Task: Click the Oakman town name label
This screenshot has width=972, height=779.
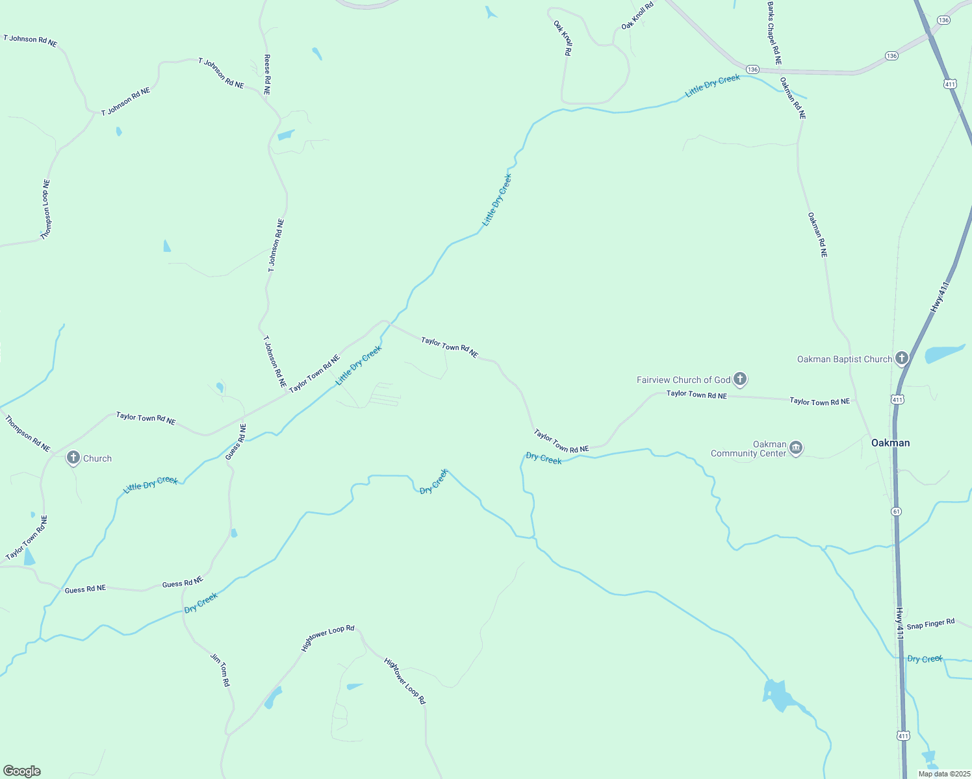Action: pos(890,443)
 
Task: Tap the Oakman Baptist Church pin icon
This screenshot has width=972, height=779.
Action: pos(901,358)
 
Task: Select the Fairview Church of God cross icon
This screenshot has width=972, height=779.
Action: pos(739,379)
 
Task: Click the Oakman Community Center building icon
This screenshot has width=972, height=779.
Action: pos(796,448)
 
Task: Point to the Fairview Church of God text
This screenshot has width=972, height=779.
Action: pos(684,380)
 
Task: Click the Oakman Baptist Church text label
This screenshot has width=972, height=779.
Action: pos(844,359)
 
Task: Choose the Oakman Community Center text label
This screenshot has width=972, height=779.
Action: pos(748,449)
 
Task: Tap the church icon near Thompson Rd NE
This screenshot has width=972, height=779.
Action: pos(73,458)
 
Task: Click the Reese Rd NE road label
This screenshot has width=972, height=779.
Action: pos(267,75)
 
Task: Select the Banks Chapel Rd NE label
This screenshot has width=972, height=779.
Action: pos(773,33)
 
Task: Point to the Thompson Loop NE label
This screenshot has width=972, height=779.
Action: pos(45,210)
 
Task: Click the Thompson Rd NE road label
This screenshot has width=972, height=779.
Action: pos(28,434)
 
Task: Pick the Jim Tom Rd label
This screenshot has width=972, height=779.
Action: pos(220,670)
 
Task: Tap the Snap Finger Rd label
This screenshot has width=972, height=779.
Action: pos(930,624)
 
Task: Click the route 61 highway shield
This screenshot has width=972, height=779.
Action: pos(897,512)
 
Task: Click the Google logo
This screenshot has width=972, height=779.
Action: pos(22,771)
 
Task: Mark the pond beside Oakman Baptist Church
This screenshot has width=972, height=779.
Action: pos(943,354)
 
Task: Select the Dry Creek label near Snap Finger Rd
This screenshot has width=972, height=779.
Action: pos(924,659)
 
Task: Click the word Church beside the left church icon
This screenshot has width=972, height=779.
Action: pos(97,458)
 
